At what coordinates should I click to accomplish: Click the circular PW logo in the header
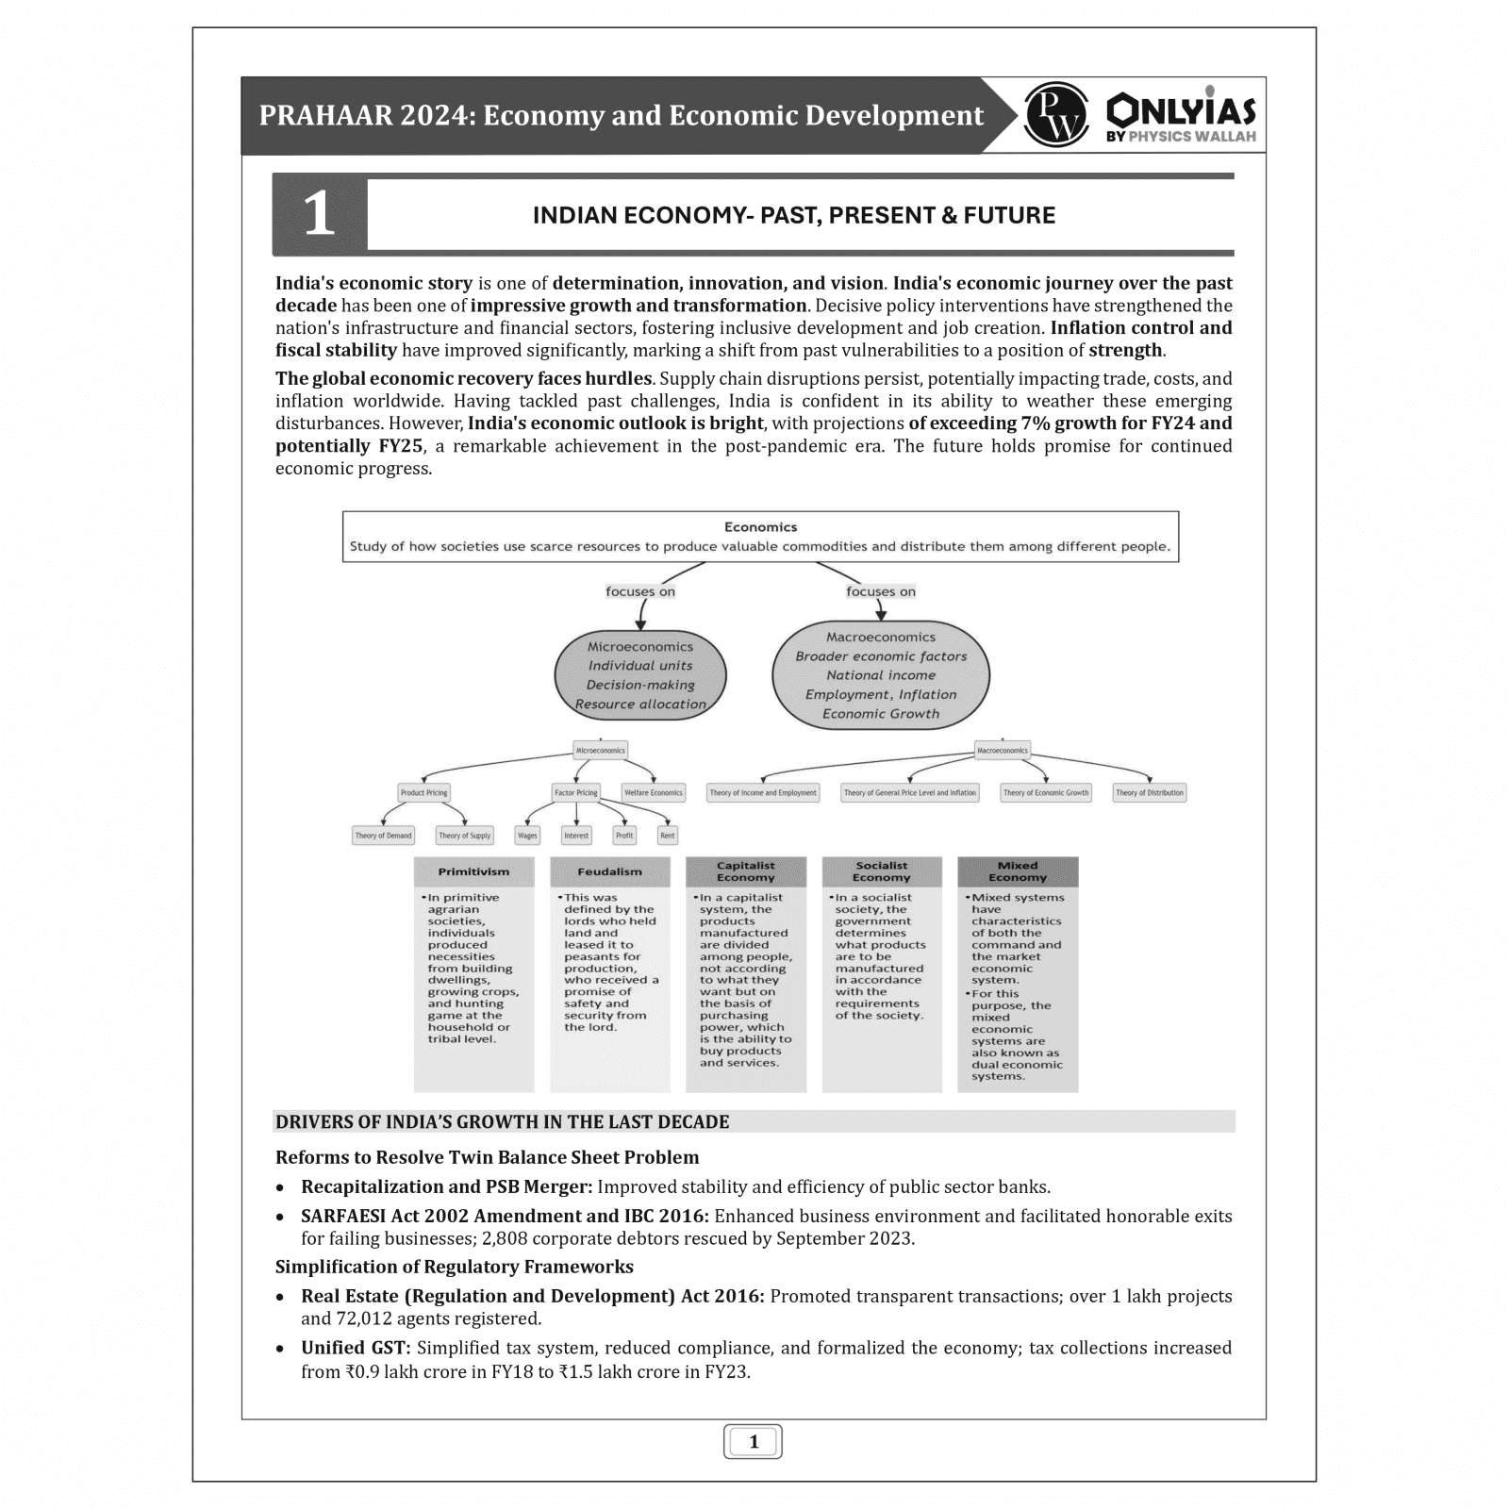[x=1055, y=115]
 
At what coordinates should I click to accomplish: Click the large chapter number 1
[x=319, y=214]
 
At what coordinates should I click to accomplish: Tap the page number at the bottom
[x=753, y=1441]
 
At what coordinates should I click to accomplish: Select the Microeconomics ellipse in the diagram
[x=640, y=675]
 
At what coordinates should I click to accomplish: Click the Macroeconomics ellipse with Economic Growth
[x=880, y=675]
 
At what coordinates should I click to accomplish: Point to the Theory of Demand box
[x=383, y=836]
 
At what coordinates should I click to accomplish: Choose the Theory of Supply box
[x=464, y=836]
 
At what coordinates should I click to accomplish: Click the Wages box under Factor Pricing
[x=527, y=836]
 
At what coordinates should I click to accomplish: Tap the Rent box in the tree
[x=668, y=836]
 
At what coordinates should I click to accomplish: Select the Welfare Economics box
[x=653, y=793]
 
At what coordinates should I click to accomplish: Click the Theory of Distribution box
[x=1149, y=793]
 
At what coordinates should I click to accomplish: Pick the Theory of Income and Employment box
[x=763, y=793]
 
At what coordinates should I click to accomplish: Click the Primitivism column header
[x=473, y=872]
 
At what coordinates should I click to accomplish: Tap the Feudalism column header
[x=609, y=872]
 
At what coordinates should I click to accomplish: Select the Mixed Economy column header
[x=1018, y=871]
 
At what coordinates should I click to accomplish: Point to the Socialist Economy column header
[x=882, y=871]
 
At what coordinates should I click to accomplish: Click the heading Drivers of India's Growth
[x=502, y=1122]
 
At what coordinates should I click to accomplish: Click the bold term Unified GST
[x=356, y=1349]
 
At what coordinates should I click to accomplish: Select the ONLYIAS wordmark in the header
[x=1181, y=110]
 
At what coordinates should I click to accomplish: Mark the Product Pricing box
[x=423, y=793]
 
